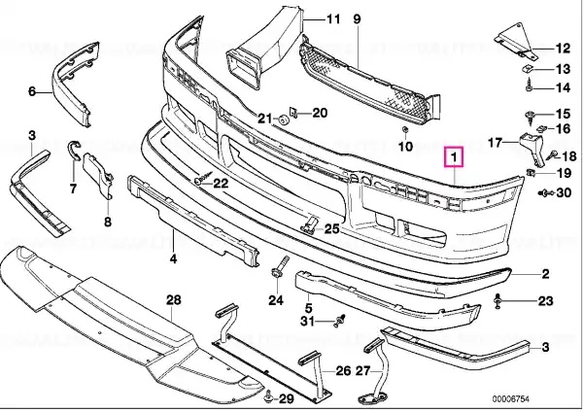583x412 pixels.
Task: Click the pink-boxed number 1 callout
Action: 454,157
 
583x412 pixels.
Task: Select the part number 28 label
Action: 173,299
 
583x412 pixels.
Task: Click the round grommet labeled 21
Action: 284,120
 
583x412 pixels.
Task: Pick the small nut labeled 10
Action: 405,130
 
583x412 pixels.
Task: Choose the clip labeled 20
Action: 293,112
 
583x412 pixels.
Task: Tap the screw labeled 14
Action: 529,87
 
